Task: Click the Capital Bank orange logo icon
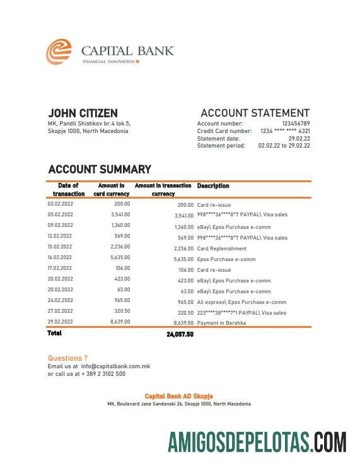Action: click(59, 52)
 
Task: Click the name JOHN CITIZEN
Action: click(83, 113)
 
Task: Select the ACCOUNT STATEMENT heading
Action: click(255, 113)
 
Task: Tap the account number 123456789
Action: click(296, 124)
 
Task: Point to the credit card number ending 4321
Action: click(285, 131)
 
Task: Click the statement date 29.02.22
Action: click(299, 138)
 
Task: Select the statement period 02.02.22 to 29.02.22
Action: click(284, 146)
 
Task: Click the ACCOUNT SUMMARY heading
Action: click(100, 169)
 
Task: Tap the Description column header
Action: click(213, 186)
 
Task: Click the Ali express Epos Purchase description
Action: click(241, 302)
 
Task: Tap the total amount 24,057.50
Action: click(180, 334)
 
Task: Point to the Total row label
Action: click(55, 333)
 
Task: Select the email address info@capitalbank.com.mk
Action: click(115, 366)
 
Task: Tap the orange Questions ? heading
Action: click(67, 358)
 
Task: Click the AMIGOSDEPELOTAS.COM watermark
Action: click(257, 441)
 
